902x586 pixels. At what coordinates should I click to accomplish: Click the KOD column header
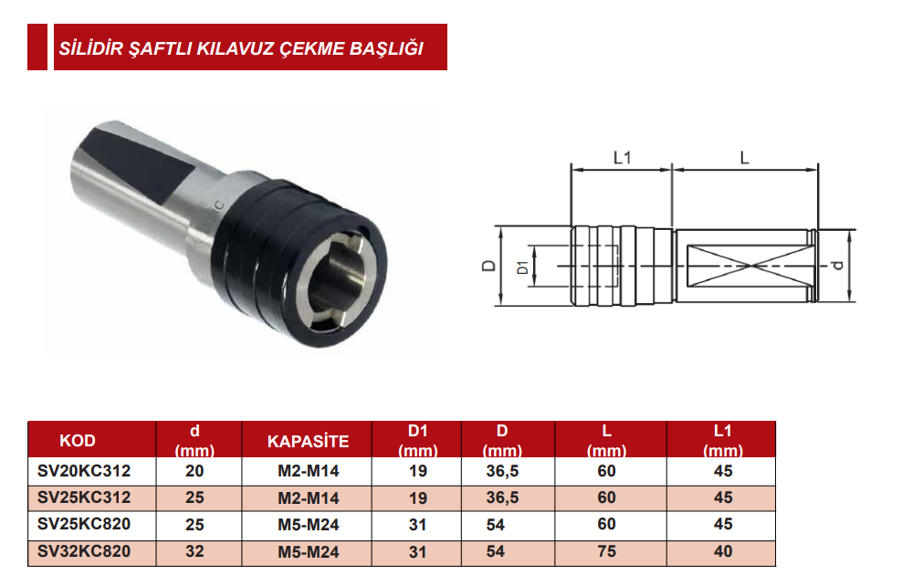(x=78, y=441)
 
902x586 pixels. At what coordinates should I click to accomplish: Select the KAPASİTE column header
(x=308, y=441)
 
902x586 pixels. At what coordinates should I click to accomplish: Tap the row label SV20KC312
(x=84, y=472)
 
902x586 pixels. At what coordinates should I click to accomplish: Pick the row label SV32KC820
(x=84, y=551)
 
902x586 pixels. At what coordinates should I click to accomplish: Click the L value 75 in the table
(x=606, y=551)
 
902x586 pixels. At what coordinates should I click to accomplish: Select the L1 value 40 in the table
(x=723, y=551)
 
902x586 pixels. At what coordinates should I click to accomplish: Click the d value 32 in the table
(x=194, y=551)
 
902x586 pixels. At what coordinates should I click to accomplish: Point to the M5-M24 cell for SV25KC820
(x=308, y=525)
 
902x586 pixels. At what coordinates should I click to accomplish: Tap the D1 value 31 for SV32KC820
(x=417, y=551)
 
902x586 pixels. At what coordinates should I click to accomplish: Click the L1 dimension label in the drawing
(x=622, y=158)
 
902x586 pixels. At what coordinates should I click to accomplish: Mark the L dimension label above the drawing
(x=744, y=158)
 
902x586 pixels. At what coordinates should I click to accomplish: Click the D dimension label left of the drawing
(x=489, y=266)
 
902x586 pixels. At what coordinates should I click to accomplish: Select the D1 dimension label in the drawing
(x=521, y=267)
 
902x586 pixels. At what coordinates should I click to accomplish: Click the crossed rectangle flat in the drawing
(x=747, y=266)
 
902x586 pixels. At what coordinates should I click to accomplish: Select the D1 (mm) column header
(x=417, y=441)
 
